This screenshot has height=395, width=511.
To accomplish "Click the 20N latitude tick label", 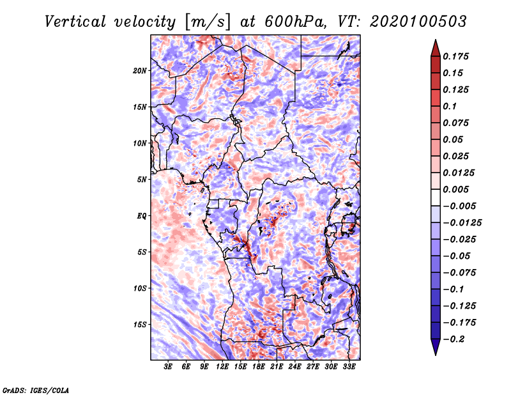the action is (140, 71).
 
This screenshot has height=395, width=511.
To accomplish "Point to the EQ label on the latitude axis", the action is (142, 216).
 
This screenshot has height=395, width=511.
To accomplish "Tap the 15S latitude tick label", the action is (140, 325).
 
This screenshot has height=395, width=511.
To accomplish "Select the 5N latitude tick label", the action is (142, 180).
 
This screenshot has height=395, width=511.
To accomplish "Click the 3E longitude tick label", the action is (168, 366).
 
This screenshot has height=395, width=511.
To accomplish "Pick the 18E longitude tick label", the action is (259, 366).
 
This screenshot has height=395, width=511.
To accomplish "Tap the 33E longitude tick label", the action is (349, 366).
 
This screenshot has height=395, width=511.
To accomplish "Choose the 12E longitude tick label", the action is (222, 366).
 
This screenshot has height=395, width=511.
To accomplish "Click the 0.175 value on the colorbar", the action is (455, 56).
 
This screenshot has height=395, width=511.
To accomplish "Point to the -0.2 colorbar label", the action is (454, 339).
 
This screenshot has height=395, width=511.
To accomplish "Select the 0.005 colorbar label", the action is (455, 189).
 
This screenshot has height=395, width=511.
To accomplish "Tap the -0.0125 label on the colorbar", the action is (462, 223).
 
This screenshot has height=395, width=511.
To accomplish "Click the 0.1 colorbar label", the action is (450, 106).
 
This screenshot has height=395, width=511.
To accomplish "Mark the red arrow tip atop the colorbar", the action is (436, 40).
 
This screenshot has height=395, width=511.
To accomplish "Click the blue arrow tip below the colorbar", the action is (436, 355).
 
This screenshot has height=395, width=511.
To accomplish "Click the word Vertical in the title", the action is (75, 22).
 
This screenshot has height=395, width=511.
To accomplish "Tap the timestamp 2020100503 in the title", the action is (418, 22).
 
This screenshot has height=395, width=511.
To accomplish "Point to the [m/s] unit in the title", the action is (208, 22).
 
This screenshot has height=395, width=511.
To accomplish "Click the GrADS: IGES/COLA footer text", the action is (36, 391).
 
